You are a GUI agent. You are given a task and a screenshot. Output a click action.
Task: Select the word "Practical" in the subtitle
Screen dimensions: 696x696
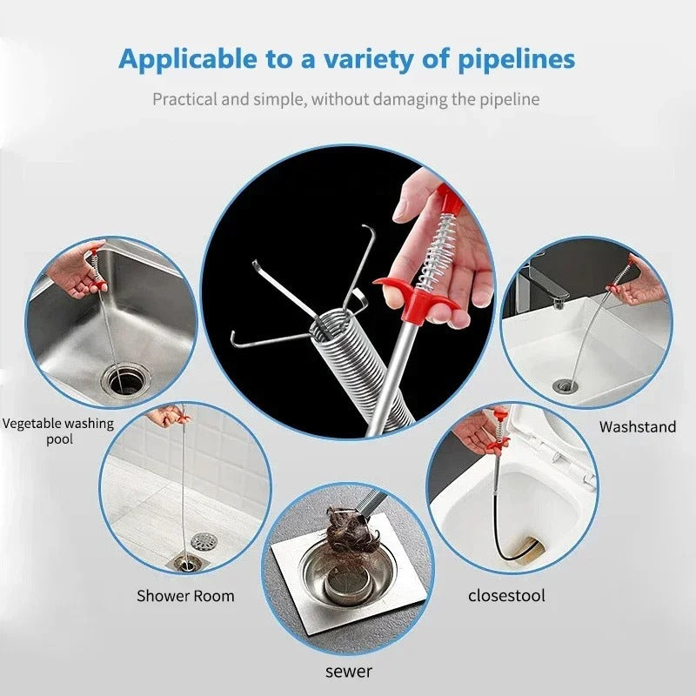tap(184, 99)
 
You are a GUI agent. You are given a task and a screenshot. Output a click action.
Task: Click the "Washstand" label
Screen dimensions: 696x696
tap(637, 427)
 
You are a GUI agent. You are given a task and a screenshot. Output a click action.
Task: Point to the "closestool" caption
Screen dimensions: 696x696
tap(507, 596)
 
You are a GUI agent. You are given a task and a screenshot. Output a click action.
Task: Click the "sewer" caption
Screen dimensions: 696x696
tap(349, 671)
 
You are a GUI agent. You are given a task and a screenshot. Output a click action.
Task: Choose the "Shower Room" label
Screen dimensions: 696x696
tap(185, 596)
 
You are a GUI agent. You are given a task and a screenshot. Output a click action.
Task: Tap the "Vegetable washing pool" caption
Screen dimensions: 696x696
tap(58, 432)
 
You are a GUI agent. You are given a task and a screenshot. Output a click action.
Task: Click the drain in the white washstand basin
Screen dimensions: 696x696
tap(564, 385)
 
